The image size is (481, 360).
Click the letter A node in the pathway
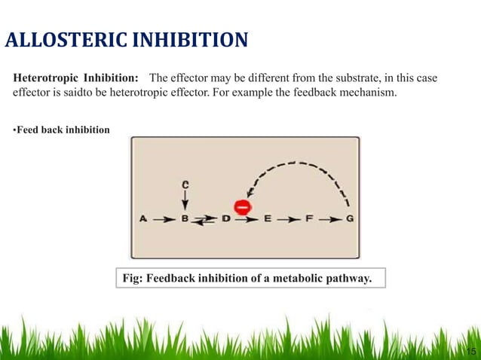click(x=142, y=219)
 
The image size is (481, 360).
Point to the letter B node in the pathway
click(x=185, y=219)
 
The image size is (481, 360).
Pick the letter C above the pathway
click(x=185, y=183)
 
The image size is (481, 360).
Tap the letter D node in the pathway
click(x=225, y=219)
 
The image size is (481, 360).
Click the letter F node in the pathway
click(x=309, y=219)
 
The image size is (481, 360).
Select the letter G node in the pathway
click(x=351, y=219)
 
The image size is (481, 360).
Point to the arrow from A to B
click(x=164, y=219)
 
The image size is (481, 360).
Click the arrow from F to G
click(x=329, y=219)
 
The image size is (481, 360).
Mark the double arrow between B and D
click(x=205, y=220)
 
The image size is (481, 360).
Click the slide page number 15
click(x=471, y=351)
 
